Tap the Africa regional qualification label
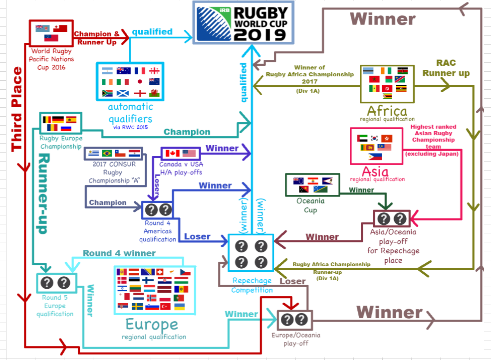click(x=387, y=111)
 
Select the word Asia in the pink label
click(x=375, y=171)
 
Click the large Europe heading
click(x=152, y=325)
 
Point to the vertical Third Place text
click(x=17, y=109)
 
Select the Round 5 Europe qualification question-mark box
click(x=55, y=283)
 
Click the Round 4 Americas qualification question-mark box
click(x=157, y=210)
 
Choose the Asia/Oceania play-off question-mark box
click(x=391, y=219)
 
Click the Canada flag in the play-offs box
click(x=172, y=153)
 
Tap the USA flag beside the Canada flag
click(x=189, y=153)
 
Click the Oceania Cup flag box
click(x=312, y=185)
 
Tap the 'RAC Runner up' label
click(x=446, y=68)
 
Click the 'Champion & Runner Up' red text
click(x=97, y=38)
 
